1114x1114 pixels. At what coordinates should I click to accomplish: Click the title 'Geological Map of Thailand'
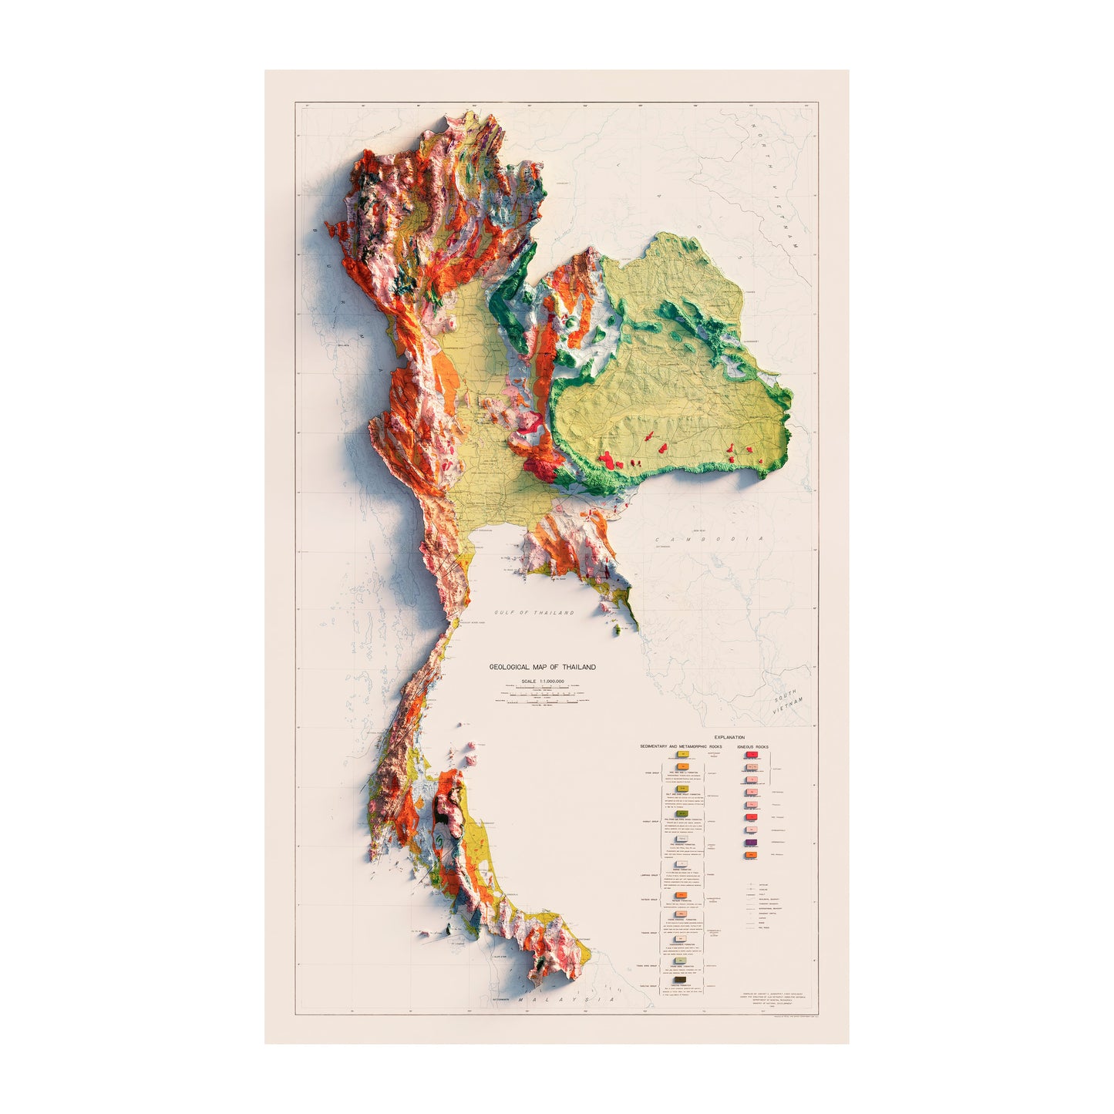543,667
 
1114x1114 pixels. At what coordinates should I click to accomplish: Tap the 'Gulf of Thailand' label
534,613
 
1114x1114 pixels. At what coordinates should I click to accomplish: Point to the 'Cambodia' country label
709,540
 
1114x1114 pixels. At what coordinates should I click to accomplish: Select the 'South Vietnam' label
788,701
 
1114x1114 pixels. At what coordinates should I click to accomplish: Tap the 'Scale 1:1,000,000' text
543,682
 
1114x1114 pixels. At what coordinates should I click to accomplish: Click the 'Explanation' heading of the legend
729,738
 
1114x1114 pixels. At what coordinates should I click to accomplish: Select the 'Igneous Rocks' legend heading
752,747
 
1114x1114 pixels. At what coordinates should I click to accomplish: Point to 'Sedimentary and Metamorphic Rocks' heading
681,747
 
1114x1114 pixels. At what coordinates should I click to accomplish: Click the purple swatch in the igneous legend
751,843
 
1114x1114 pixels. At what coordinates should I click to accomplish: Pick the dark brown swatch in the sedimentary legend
682,981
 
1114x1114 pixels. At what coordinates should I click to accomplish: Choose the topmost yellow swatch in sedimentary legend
682,755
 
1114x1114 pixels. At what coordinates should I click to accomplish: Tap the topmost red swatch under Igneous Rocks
751,756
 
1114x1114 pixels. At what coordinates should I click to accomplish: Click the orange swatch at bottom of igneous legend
751,855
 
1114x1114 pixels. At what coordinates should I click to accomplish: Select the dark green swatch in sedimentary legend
682,814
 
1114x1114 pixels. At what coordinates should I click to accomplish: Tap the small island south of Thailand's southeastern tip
617,631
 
